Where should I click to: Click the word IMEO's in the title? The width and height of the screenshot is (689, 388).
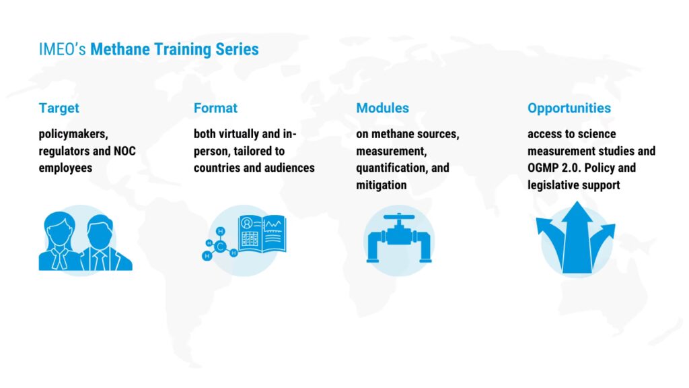62,49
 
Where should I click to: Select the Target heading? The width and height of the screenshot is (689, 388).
59,108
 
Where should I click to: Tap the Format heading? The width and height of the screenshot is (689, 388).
215,108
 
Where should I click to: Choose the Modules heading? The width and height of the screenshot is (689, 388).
382,108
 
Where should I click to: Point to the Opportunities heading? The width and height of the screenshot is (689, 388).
569,108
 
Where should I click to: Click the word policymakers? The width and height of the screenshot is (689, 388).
73,134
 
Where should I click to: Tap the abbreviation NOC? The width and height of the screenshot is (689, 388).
124,151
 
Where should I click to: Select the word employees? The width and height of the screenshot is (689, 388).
65,168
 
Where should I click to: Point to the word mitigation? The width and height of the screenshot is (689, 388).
382,185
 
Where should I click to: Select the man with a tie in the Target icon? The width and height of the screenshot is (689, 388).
104,244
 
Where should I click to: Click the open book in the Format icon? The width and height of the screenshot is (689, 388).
262,234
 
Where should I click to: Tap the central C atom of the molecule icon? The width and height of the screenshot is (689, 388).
220,247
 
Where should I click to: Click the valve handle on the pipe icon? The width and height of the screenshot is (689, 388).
399,217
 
